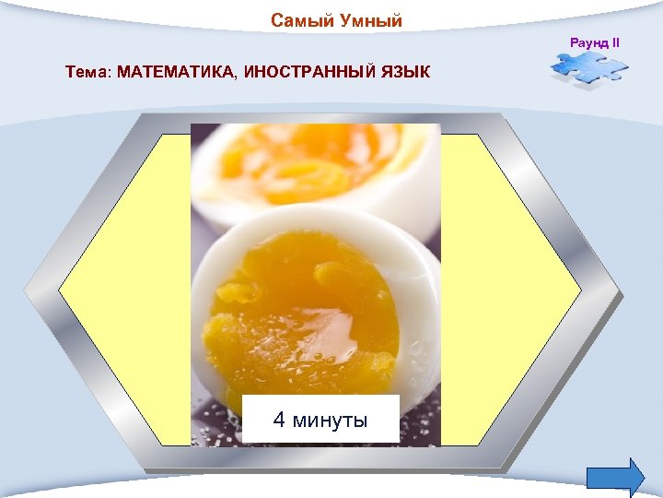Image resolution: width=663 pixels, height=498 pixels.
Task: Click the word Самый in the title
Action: [x=296, y=21]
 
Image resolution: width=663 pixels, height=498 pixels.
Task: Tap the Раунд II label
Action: [x=595, y=42]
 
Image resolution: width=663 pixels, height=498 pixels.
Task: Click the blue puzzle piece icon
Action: [x=588, y=70]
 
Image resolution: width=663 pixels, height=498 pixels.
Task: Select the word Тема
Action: [x=86, y=72]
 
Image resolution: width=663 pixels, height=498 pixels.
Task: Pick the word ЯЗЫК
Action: [x=405, y=72]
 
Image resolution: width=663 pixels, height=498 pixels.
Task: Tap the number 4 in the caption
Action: [x=279, y=421]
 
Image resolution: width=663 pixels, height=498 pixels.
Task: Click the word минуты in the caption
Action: [x=329, y=421]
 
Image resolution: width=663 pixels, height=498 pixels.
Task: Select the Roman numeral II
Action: [x=616, y=42]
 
